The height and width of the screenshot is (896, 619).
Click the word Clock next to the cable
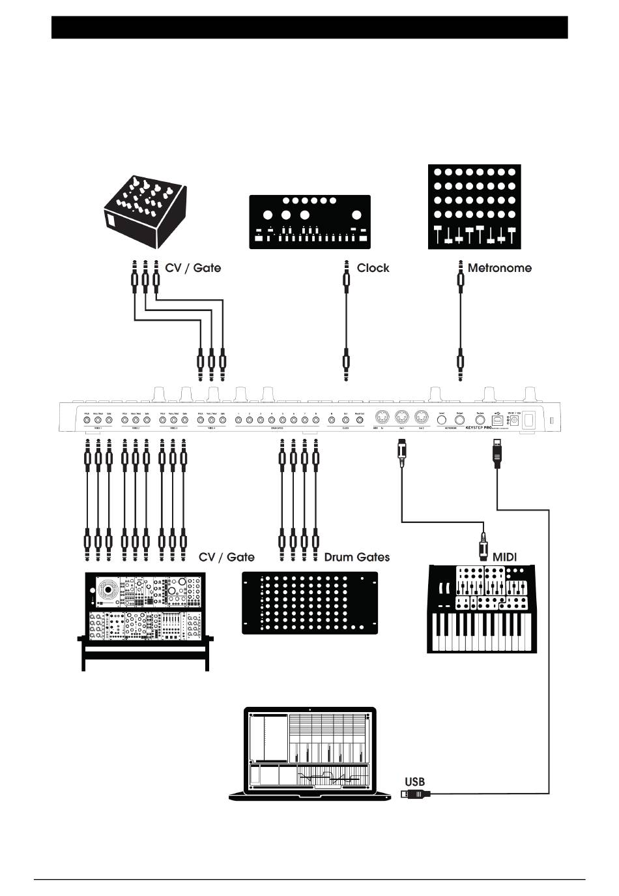[x=373, y=268]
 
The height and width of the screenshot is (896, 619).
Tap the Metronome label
[x=499, y=268]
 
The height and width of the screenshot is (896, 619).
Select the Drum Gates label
[x=356, y=557]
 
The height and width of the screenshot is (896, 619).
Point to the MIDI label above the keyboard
[x=504, y=557]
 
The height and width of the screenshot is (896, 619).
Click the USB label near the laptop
[x=414, y=781]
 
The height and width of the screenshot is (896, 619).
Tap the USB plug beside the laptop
[x=416, y=794]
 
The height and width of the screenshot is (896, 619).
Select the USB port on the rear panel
[x=497, y=421]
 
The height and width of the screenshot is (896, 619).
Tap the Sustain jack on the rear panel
[x=480, y=421]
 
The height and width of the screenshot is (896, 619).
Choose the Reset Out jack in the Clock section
[x=359, y=421]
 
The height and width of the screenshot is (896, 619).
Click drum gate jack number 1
[x=238, y=421]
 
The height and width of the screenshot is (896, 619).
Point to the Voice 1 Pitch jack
[x=87, y=421]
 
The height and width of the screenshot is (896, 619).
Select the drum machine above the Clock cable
[x=309, y=222]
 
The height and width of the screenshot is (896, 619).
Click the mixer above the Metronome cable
[x=474, y=206]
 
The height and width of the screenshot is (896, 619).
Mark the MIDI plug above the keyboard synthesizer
[x=483, y=546]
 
